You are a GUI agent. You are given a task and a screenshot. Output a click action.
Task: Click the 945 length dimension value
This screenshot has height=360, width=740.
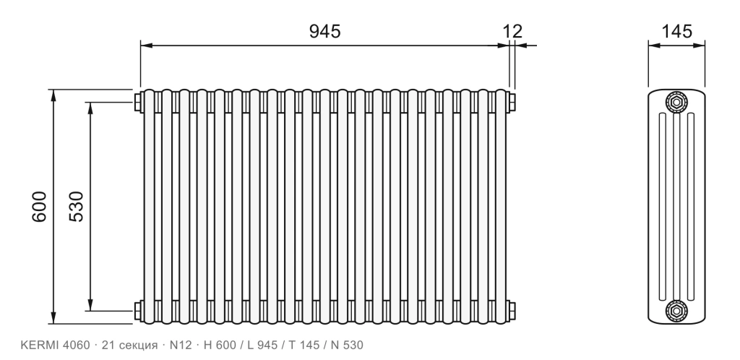(324, 31)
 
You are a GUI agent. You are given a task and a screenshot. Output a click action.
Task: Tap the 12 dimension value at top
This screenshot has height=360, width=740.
(512, 31)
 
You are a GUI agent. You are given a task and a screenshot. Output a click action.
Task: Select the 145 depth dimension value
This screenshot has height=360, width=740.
(676, 31)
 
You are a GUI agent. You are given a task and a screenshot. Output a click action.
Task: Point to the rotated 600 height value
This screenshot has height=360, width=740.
(40, 206)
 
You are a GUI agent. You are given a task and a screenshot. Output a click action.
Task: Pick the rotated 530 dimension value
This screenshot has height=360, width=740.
(76, 206)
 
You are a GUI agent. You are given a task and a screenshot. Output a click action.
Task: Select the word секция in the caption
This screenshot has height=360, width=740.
(138, 346)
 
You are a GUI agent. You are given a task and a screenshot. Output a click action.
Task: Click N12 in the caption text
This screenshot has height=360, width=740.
(181, 346)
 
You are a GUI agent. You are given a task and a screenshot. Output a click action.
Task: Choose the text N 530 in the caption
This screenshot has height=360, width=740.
(347, 346)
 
